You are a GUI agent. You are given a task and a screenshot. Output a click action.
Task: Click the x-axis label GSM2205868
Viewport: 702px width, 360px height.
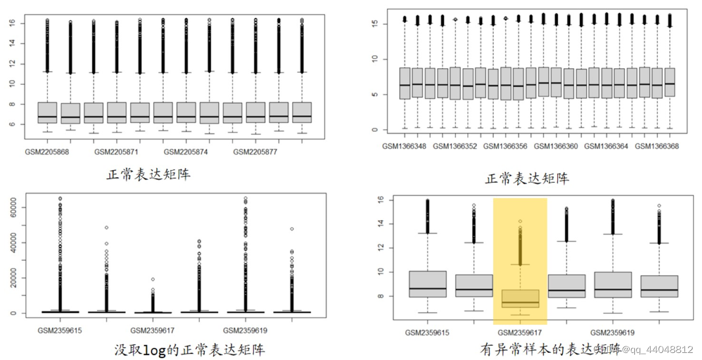[x=48, y=151]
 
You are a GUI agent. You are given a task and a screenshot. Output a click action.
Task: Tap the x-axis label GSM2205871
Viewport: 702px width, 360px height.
[x=117, y=151]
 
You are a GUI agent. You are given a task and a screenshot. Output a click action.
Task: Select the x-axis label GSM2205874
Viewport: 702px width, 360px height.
[x=186, y=151]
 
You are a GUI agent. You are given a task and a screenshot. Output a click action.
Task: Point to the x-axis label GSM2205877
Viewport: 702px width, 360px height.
[x=256, y=151]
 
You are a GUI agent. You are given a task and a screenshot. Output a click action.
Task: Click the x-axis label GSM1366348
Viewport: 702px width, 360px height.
[x=405, y=145]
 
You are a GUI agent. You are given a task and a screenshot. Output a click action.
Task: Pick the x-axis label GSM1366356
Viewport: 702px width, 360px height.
[x=506, y=145]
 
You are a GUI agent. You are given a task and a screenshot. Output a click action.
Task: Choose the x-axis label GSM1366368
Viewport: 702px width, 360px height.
[x=657, y=145]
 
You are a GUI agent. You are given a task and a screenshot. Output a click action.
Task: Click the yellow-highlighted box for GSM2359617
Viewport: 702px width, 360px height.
[x=520, y=298]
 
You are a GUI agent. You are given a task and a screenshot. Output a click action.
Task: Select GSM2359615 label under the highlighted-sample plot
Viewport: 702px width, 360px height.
[x=427, y=332]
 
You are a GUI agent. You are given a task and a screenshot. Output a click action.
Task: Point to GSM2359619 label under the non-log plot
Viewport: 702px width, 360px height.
[x=246, y=330]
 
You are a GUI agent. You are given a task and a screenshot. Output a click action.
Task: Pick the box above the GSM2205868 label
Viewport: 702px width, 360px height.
[x=48, y=112]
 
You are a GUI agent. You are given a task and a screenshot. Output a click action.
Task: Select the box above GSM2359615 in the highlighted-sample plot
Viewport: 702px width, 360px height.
[x=427, y=284]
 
